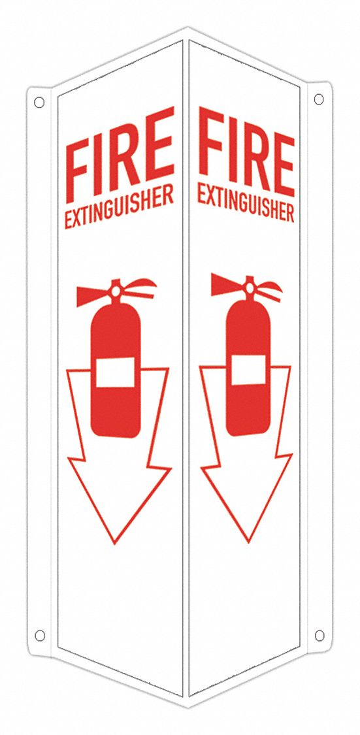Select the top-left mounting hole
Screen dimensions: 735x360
tap(39, 103)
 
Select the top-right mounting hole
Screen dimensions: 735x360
tap(319, 99)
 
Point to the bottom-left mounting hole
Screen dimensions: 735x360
tap(39, 635)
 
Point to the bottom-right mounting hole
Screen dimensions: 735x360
tap(319, 635)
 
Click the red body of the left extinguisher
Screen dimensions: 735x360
tap(115, 412)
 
